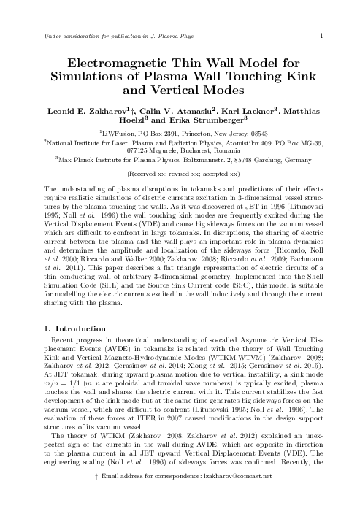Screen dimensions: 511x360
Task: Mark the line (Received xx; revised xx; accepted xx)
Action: (180, 175)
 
